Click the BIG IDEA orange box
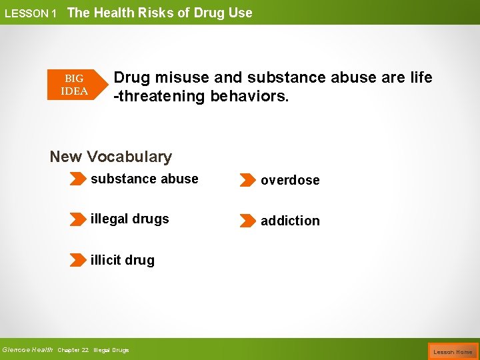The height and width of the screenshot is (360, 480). click(x=74, y=85)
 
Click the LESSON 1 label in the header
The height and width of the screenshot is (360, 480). click(x=31, y=13)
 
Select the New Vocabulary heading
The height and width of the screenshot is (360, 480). click(x=111, y=157)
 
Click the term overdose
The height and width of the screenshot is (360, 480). click(x=290, y=180)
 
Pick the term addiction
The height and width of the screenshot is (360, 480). click(x=290, y=221)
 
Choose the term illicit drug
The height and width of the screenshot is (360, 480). click(x=123, y=260)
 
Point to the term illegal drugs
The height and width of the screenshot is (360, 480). click(x=130, y=219)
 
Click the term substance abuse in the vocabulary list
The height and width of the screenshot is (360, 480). click(x=145, y=179)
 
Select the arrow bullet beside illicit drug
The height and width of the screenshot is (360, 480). click(x=78, y=260)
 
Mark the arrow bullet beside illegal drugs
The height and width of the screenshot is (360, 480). click(x=78, y=219)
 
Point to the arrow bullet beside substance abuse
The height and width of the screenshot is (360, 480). click(x=78, y=179)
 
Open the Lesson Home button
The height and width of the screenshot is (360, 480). click(x=453, y=351)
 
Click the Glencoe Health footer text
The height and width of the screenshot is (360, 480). click(x=28, y=349)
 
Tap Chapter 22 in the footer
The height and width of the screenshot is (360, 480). click(x=73, y=350)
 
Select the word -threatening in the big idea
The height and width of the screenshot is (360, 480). click(x=159, y=96)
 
